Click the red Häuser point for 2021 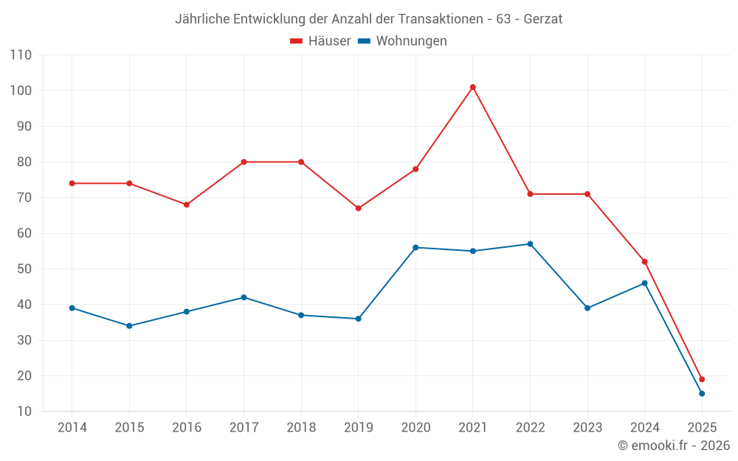coord(473,87)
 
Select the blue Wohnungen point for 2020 coord(415,248)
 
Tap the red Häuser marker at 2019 coord(359,208)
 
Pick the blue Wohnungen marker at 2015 coord(129,326)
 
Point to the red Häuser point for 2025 coord(702,379)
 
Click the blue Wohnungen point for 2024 coord(644,283)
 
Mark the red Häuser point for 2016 coord(187,205)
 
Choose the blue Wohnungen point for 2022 coord(530,244)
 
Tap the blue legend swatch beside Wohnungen coord(364,41)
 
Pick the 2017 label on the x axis coord(244,428)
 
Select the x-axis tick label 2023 coord(587,428)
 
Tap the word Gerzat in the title coord(543,19)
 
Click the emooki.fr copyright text coord(674,446)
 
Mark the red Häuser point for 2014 coord(72,183)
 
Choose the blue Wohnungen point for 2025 coord(702,394)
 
